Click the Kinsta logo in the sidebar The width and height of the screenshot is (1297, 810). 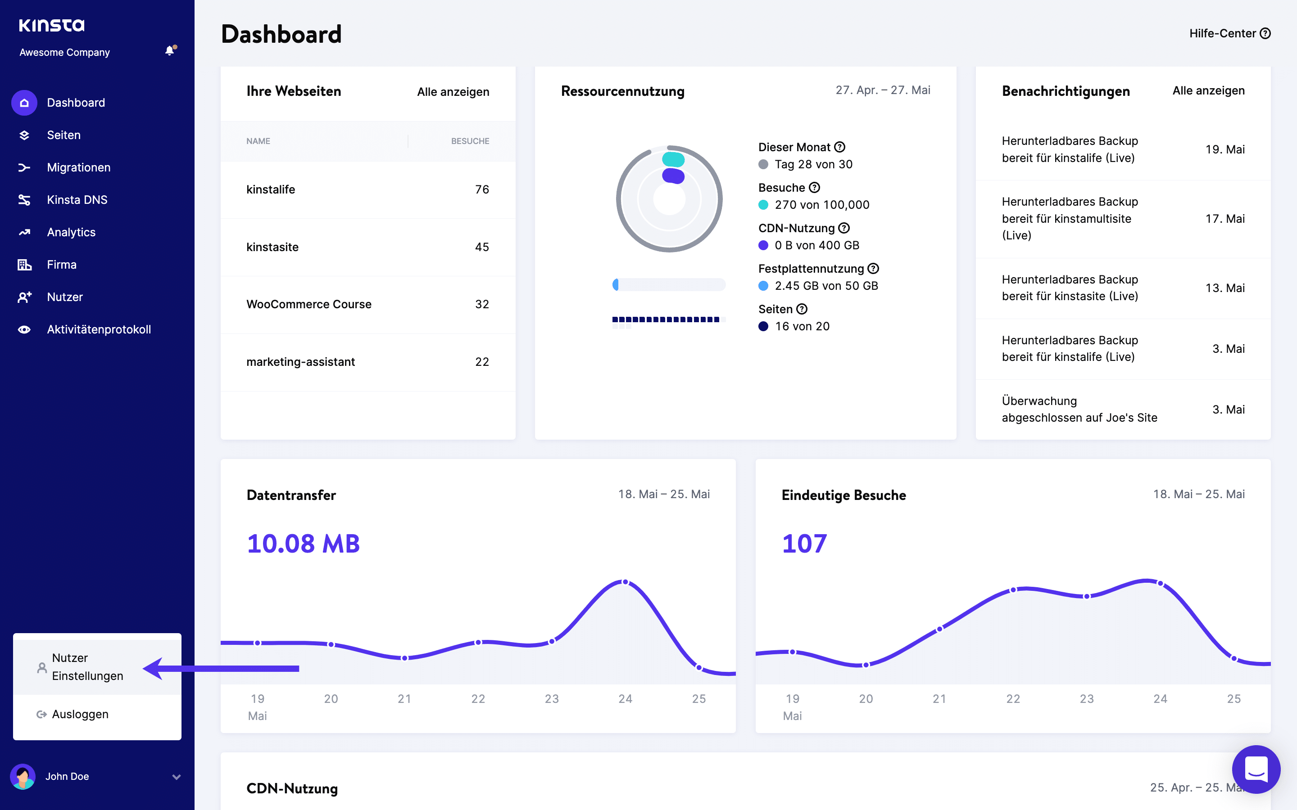click(51, 25)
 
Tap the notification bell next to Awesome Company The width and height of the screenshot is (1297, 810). click(170, 51)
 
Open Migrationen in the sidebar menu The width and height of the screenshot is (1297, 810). click(78, 168)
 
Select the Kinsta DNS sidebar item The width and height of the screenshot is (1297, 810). click(77, 200)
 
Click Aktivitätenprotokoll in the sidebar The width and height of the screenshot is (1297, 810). click(99, 329)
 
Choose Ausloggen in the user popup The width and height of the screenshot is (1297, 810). click(80, 714)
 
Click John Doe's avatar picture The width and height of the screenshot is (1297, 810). click(23, 776)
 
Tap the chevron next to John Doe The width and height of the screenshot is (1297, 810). click(177, 777)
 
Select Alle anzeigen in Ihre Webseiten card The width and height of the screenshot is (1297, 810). click(453, 92)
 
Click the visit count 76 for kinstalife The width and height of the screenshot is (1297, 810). click(482, 189)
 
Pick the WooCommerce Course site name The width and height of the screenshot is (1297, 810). click(308, 304)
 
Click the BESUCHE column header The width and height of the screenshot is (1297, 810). click(470, 141)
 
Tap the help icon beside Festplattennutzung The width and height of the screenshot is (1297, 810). click(873, 268)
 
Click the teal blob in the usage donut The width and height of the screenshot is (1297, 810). click(673, 159)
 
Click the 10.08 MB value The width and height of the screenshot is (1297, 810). click(304, 544)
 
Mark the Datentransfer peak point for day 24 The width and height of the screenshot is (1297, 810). click(625, 582)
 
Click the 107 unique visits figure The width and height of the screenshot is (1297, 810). click(804, 544)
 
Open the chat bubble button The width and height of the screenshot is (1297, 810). click(1256, 769)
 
